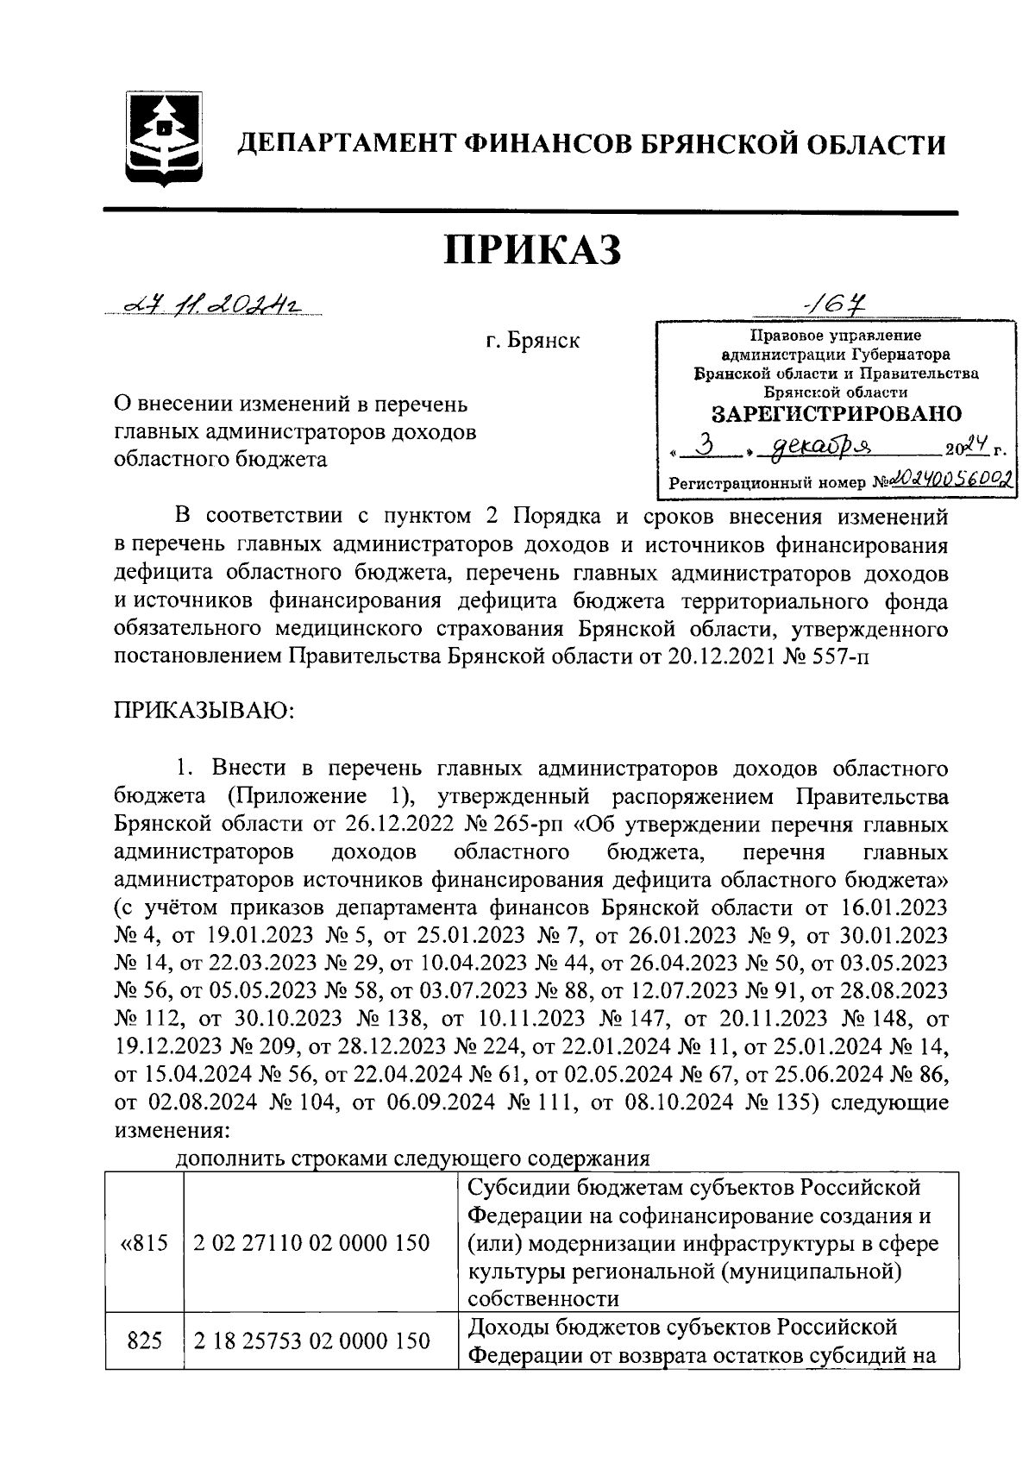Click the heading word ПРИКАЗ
pyautogui.click(x=532, y=251)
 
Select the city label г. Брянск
pyautogui.click(x=531, y=342)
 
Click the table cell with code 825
pyautogui.click(x=144, y=1341)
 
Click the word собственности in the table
pyautogui.click(x=543, y=1299)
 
